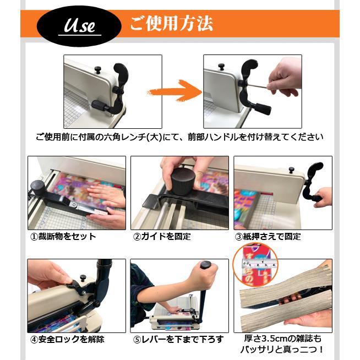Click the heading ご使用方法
[171, 24]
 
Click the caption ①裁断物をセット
[63, 236]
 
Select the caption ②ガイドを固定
[162, 236]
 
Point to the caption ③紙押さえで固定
[268, 236]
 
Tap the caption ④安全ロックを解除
[67, 339]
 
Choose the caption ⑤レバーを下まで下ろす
[178, 339]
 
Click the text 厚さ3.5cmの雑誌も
[282, 339]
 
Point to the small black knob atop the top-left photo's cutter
[98, 69]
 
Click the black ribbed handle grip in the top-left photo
[99, 106]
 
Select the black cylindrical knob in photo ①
[37, 186]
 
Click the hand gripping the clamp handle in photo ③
[323, 197]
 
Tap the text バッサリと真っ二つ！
[282, 350]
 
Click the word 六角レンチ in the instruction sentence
[132, 137]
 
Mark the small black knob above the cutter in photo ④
[83, 279]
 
